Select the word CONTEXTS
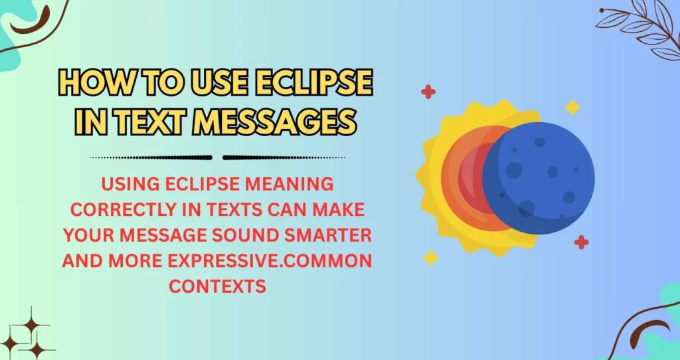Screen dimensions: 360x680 click(x=217, y=286)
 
